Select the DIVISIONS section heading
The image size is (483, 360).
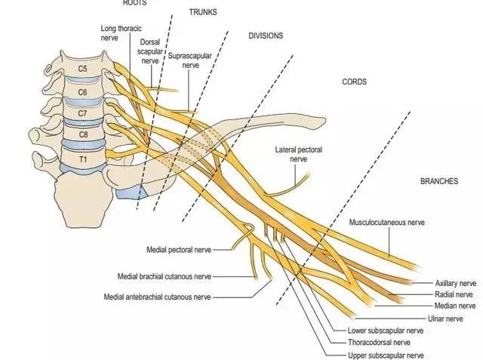coord(266,35)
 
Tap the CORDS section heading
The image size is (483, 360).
coord(353,82)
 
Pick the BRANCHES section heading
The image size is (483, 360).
coord(439,182)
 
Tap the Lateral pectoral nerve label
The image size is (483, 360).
coord(298,155)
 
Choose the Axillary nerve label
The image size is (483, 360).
coord(456,282)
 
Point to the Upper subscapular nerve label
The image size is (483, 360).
coord(385,355)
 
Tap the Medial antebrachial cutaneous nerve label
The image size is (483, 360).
coord(158,297)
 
